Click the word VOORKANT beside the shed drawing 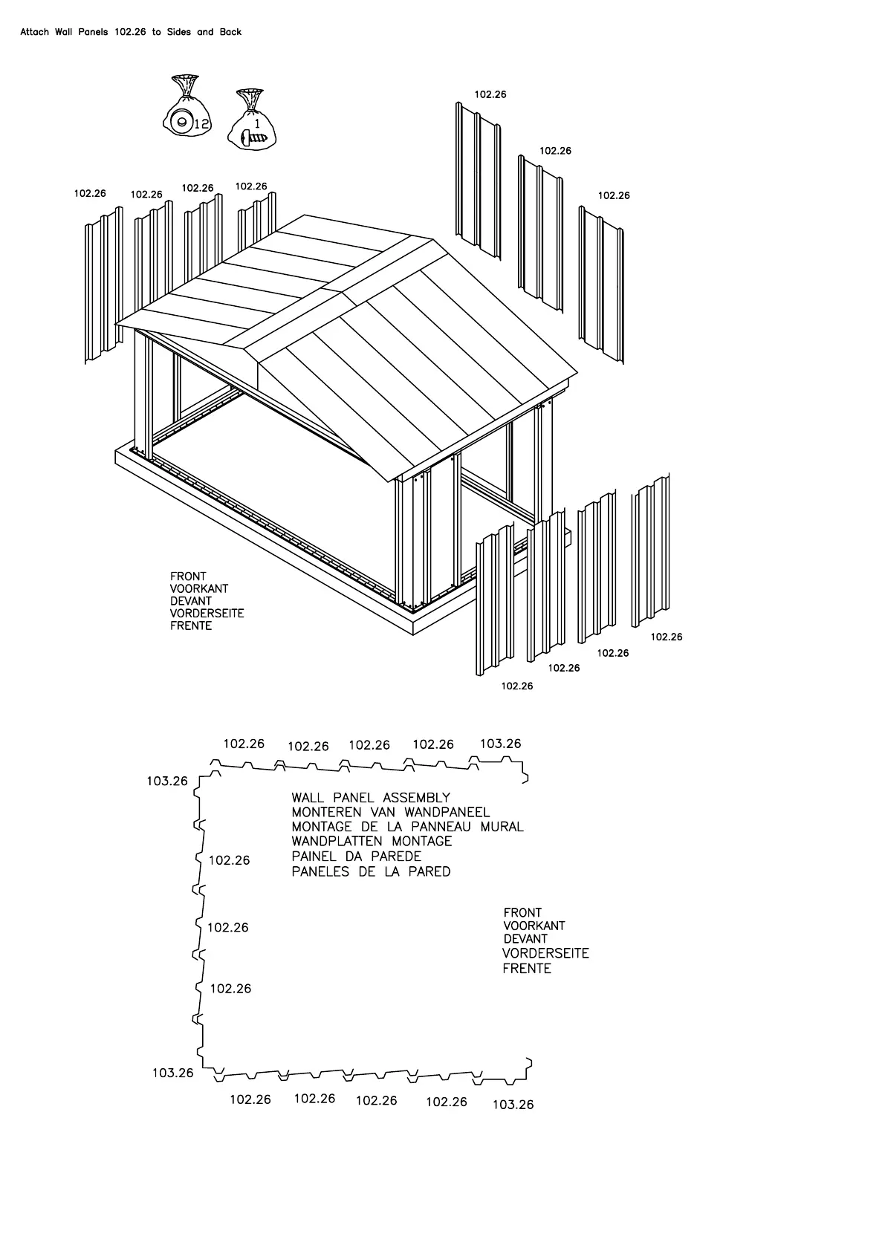point(198,588)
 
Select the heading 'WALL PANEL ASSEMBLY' point(371,798)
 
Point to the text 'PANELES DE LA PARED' point(371,871)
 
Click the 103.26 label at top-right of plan point(500,744)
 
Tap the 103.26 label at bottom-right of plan point(513,1105)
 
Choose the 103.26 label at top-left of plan point(167,781)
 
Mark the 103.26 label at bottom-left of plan point(172,1073)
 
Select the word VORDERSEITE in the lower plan point(545,953)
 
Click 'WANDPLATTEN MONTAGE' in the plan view point(372,842)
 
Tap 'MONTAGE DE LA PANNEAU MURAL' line point(407,827)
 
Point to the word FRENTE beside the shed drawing point(191,625)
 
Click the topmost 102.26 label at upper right point(490,94)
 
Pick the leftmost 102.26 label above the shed point(90,193)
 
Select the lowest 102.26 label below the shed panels point(516,686)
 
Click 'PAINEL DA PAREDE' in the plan point(356,857)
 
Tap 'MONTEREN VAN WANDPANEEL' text point(390,813)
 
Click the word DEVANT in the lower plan point(525,939)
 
